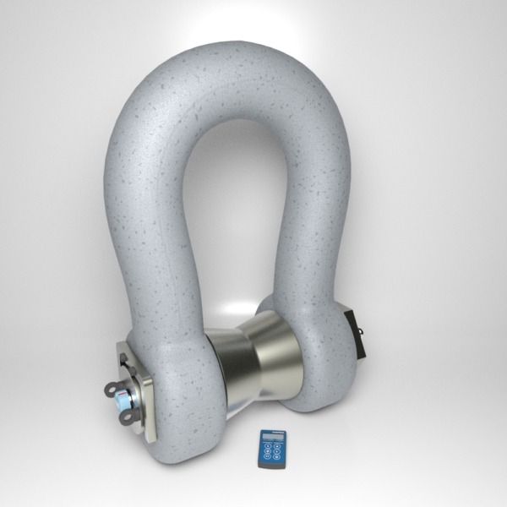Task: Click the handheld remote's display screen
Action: point(273,436)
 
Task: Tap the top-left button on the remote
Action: point(268,446)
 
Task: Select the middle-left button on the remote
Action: point(268,451)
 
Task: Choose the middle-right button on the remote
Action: point(277,451)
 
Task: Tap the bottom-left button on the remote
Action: point(267,456)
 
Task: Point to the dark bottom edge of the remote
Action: point(271,466)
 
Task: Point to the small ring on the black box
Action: point(362,334)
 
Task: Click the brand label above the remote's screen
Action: point(278,432)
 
